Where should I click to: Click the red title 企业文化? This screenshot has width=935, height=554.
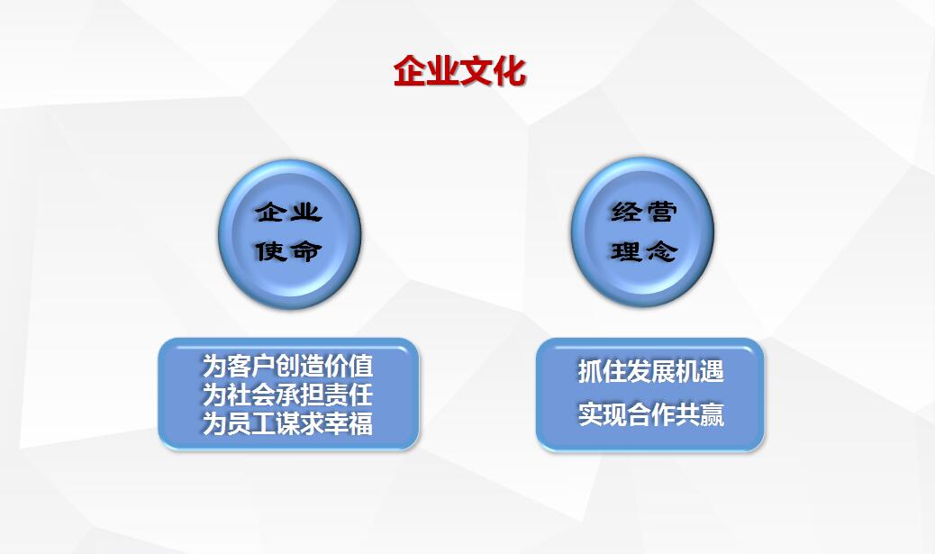coord(459,71)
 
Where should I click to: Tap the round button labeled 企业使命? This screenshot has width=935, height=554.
coord(290,233)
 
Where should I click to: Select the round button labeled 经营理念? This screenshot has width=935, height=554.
coord(643,232)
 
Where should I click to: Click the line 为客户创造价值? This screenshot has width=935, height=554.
coord(287,366)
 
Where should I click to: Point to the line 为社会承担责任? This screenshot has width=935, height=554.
coord(287,395)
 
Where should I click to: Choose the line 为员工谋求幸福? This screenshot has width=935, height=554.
coord(287,423)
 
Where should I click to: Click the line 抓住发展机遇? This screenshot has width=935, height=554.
coord(650,371)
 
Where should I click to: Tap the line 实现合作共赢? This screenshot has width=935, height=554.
coord(650,414)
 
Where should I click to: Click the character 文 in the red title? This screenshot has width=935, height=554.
coord(477,71)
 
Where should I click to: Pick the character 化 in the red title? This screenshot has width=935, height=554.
coord(510,71)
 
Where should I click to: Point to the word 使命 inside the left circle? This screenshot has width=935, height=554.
coord(289,251)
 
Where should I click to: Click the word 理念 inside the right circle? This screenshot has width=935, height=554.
coord(643,251)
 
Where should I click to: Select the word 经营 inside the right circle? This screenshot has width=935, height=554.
coord(643,212)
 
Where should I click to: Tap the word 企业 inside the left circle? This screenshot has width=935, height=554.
coord(289,212)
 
